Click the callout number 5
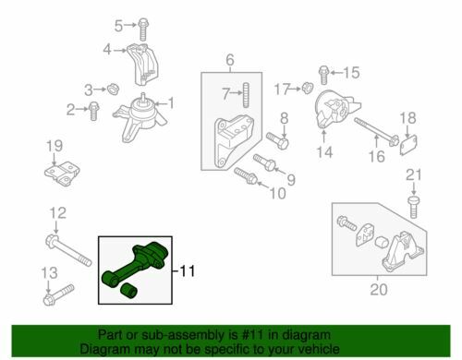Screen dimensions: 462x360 point(118,26)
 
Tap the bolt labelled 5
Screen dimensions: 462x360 point(142,30)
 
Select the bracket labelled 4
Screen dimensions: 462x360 point(142,65)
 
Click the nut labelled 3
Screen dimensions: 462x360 point(114,89)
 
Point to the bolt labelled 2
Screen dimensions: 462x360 point(93,111)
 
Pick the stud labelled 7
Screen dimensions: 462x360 point(246,95)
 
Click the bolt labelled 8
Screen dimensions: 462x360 point(277,140)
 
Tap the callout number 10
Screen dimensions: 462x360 point(277,194)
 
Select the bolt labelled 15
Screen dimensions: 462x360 point(323,75)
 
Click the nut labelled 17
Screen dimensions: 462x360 point(307,88)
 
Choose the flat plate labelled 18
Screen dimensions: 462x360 point(408,145)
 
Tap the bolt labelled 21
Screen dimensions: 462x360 point(413,206)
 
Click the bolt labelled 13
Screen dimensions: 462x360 point(58,294)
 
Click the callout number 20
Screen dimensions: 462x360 point(379,290)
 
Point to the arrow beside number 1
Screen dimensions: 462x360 point(160,103)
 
